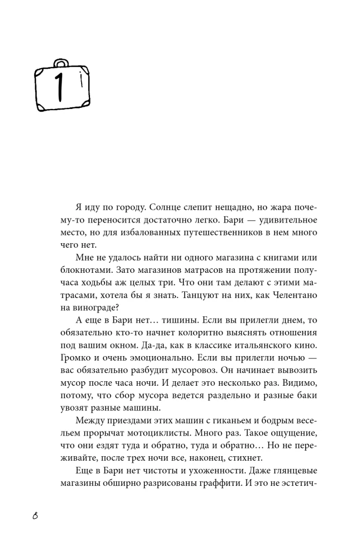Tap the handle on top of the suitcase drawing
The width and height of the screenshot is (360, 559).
(61, 62)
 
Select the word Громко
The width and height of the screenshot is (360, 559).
(77, 356)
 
